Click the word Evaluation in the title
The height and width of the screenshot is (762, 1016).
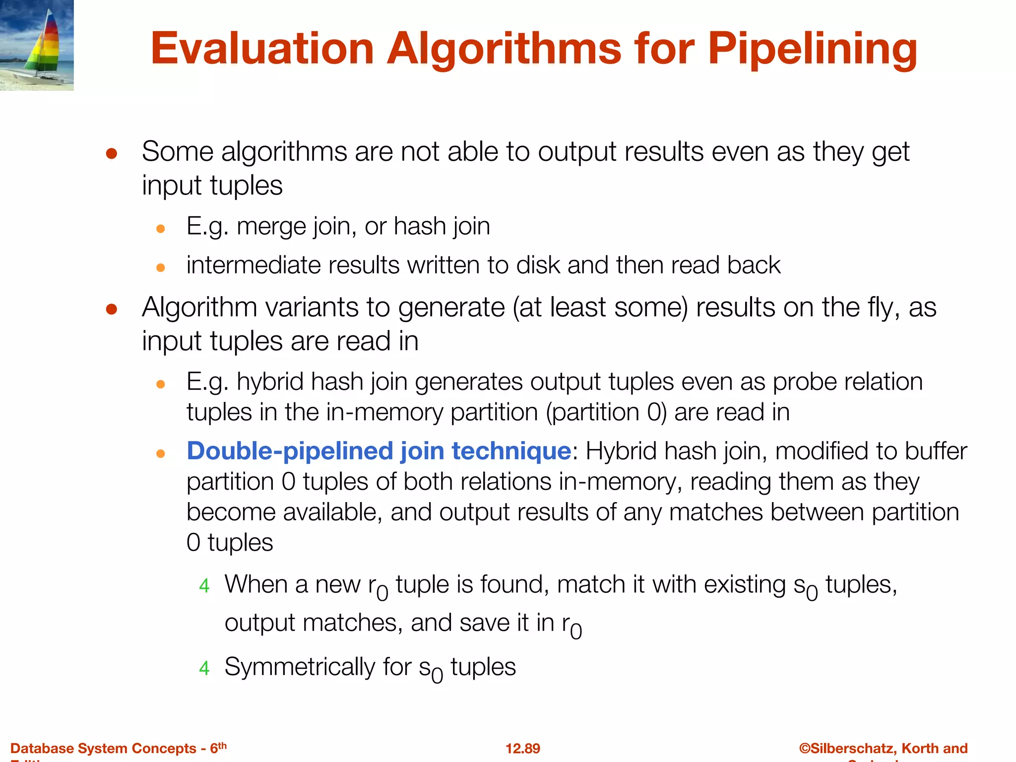(262, 49)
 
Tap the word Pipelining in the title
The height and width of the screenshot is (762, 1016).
(812, 49)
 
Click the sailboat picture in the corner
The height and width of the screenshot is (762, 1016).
(37, 45)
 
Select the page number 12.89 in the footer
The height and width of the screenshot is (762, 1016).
(522, 748)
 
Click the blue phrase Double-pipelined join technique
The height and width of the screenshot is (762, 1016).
(379, 451)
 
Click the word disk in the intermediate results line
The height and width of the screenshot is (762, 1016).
(538, 265)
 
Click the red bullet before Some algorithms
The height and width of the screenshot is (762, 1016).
(112, 153)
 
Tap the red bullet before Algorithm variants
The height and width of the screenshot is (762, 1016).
(112, 309)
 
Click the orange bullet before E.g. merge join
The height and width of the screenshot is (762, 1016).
(160, 229)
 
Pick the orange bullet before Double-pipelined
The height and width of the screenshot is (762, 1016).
(160, 453)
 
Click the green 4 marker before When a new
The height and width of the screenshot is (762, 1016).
(204, 586)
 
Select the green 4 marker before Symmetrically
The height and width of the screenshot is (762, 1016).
(204, 668)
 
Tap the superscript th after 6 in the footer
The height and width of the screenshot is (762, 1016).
(222, 745)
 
